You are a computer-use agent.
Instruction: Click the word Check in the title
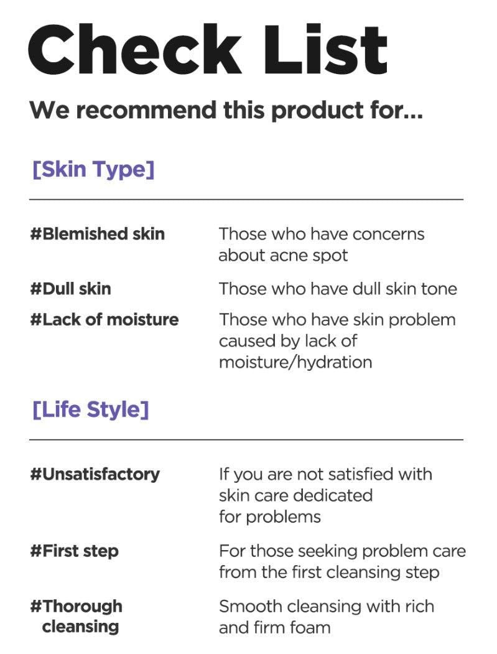[135, 49]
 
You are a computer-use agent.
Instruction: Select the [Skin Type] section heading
[93, 170]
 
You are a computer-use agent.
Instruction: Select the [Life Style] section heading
[90, 409]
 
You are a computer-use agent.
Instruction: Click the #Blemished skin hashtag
[97, 234]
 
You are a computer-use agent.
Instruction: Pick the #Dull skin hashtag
[70, 289]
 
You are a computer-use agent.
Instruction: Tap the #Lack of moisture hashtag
[105, 319]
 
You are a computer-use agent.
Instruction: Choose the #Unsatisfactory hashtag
[95, 475]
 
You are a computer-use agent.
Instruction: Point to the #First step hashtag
[74, 551]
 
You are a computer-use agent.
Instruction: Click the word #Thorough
[77, 607]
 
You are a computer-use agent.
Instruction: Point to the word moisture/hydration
[295, 362]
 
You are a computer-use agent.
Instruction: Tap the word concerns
[388, 235]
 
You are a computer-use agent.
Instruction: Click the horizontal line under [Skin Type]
[246, 200]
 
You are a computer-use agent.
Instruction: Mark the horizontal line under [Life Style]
[246, 439]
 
